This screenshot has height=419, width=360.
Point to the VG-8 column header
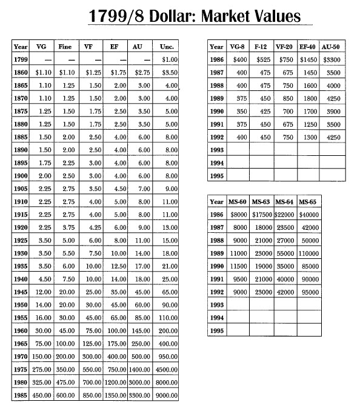pyautogui.click(x=239, y=47)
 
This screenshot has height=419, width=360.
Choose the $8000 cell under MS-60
pyautogui.click(x=239, y=215)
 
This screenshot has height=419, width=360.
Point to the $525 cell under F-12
pyautogui.click(x=261, y=60)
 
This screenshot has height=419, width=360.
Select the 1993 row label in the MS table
pyautogui.click(x=217, y=305)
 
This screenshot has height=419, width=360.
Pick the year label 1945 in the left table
pyautogui.click(x=21, y=291)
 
